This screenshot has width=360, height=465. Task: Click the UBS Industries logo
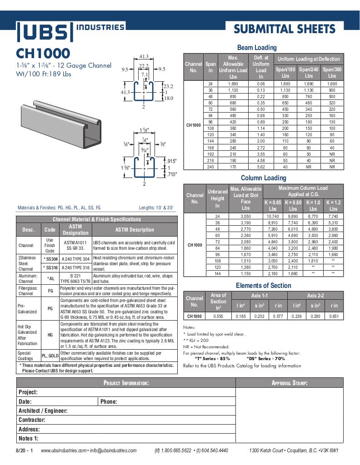[70, 31]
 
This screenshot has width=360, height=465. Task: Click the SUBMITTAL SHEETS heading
[285, 30]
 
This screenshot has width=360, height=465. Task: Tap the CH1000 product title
[43, 53]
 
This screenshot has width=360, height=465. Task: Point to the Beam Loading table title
[257, 47]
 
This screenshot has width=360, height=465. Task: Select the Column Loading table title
[263, 178]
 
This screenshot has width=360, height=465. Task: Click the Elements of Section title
[263, 285]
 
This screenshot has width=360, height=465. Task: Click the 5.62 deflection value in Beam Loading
[261, 167]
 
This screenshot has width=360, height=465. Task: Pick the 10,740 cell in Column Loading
[273, 217]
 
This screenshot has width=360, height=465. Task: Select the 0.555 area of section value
[218, 316]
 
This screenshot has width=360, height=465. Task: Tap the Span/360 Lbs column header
[332, 72]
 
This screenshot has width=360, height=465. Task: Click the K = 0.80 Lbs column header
[293, 205]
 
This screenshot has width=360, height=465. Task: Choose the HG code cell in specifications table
[50, 335]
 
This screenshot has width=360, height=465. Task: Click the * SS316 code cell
[50, 267]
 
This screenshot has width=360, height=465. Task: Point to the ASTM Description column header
[135, 230]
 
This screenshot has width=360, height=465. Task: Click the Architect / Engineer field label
[43, 411]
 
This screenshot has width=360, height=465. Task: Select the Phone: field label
[109, 401]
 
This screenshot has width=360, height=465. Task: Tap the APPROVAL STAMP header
[290, 383]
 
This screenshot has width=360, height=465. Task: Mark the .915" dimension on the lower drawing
[171, 161]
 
